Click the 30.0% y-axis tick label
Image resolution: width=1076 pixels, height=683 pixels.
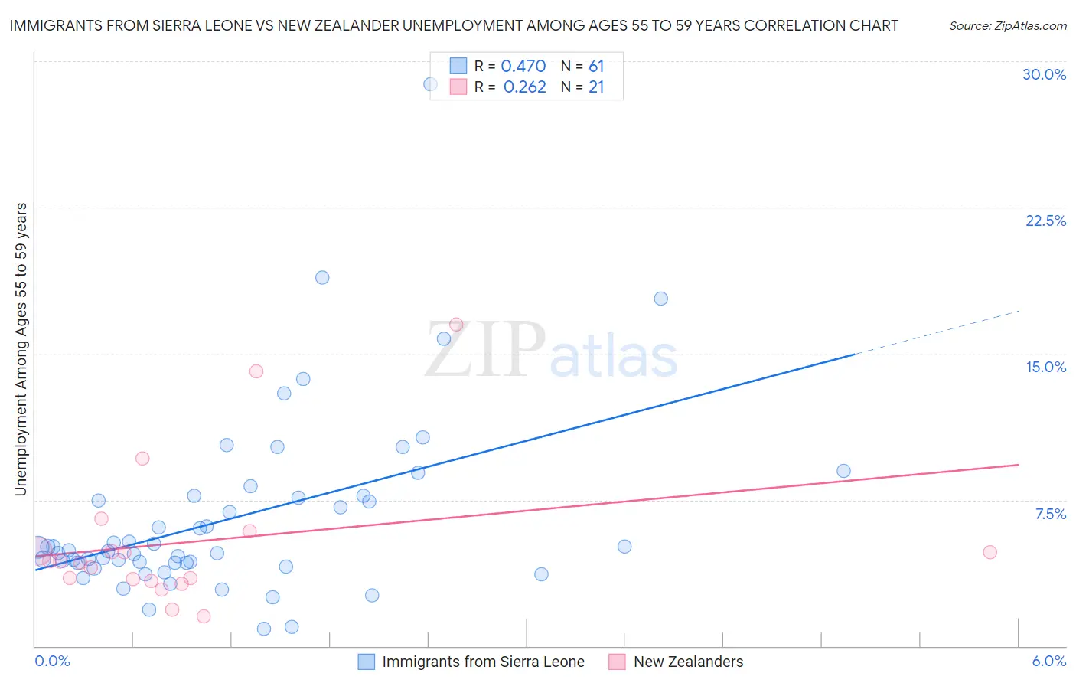(x=1044, y=74)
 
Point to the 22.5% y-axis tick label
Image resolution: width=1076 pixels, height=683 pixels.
(x=1045, y=221)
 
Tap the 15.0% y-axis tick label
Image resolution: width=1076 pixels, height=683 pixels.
(x=1045, y=367)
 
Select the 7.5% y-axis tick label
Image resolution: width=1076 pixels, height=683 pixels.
(x=1050, y=514)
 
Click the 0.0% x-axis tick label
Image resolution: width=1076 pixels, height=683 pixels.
(x=53, y=661)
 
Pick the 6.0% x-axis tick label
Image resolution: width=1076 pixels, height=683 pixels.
(x=1048, y=661)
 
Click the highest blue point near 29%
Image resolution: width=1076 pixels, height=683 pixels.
(x=431, y=84)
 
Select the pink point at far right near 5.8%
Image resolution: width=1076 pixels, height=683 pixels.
(x=990, y=552)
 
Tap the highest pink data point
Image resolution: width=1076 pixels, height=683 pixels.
(x=456, y=325)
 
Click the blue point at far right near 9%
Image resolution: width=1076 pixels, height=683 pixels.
(x=843, y=471)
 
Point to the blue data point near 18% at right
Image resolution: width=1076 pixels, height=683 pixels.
(x=660, y=299)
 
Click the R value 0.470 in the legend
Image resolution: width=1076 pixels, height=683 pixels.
(x=523, y=67)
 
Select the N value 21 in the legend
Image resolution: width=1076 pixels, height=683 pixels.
(x=596, y=87)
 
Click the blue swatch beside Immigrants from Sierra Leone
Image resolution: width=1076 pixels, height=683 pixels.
(x=367, y=662)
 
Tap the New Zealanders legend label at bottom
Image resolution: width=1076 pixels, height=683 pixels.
(x=688, y=662)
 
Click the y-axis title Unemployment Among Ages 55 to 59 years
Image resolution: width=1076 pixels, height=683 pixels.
(x=21, y=349)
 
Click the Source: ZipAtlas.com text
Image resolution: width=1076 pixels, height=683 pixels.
(x=1007, y=26)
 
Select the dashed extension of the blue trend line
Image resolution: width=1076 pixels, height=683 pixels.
(x=937, y=332)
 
